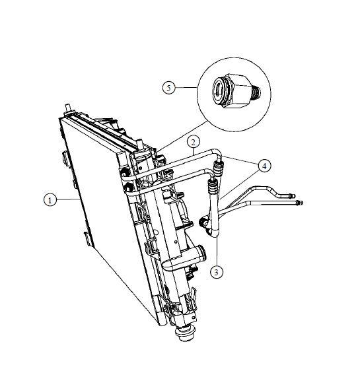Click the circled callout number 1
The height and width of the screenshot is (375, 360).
click(x=50, y=199)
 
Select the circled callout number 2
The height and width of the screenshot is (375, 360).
click(x=194, y=142)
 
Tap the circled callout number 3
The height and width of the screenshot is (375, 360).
click(x=217, y=272)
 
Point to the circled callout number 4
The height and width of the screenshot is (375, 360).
click(x=264, y=166)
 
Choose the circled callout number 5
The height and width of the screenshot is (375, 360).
click(x=169, y=88)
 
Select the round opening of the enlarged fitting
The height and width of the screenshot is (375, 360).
click(x=218, y=90)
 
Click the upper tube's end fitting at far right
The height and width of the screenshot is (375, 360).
click(x=292, y=196)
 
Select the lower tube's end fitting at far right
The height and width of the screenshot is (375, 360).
click(x=299, y=203)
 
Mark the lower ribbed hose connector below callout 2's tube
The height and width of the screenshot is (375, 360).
click(x=213, y=186)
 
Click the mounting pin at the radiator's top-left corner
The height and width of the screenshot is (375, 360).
click(x=69, y=108)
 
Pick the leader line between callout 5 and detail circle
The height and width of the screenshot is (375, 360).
click(x=186, y=88)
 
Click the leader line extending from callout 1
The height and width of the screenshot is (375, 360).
click(x=68, y=199)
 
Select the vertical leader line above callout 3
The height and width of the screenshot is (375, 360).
click(x=217, y=251)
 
